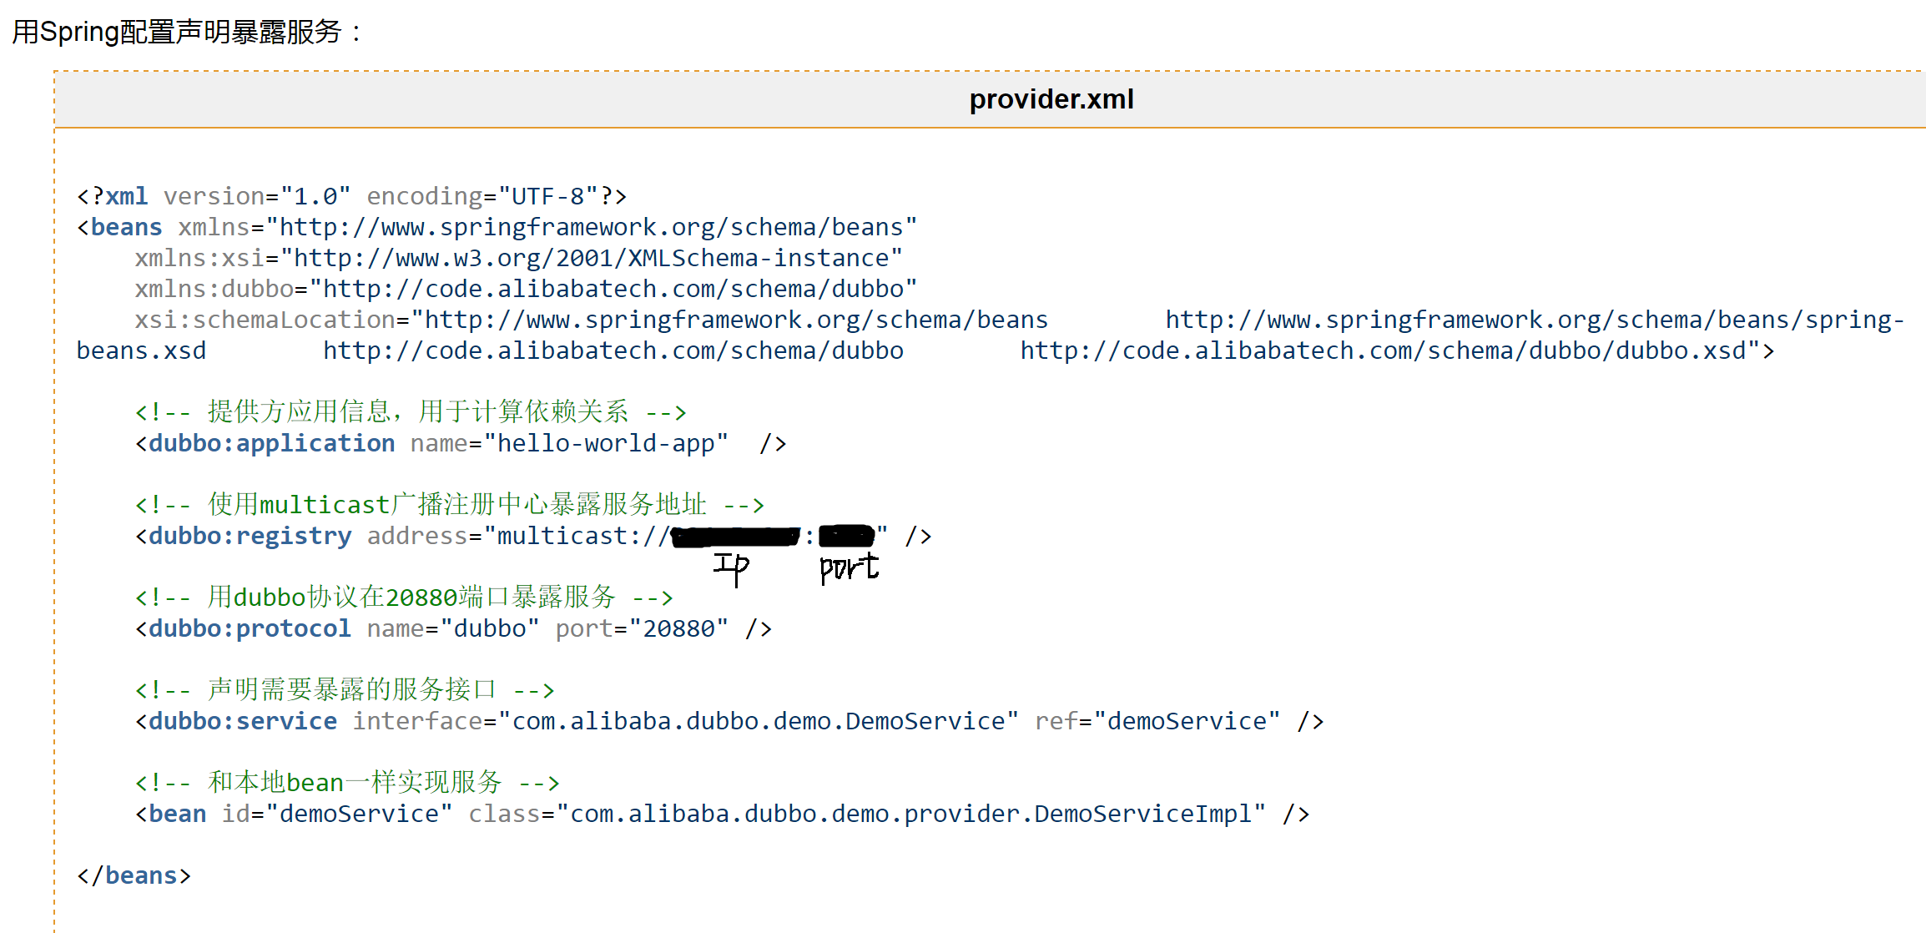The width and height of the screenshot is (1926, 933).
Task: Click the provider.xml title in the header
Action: (x=1051, y=99)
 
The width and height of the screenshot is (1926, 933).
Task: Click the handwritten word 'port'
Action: (x=849, y=567)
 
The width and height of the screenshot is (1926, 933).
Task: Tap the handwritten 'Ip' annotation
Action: (x=731, y=567)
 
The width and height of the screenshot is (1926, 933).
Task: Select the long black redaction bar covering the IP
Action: (x=735, y=537)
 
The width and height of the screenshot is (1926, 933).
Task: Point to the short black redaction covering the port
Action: (x=846, y=536)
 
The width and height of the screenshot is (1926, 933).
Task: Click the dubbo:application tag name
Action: (x=271, y=443)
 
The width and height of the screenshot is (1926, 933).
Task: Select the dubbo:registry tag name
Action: (x=250, y=536)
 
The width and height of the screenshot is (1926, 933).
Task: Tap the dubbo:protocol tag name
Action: (x=250, y=628)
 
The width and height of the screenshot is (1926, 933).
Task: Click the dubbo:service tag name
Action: (x=243, y=721)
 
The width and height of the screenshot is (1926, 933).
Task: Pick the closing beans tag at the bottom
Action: (x=134, y=875)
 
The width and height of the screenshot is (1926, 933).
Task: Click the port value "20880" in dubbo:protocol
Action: (x=678, y=628)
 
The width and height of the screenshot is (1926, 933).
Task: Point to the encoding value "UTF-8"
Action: (x=547, y=196)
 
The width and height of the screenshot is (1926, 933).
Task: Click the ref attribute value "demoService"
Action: (x=1186, y=721)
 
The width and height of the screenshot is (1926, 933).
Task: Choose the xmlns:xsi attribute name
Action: (x=199, y=258)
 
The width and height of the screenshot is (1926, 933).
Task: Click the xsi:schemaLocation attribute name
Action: (x=265, y=320)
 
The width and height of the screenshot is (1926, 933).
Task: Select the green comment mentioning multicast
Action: (x=450, y=504)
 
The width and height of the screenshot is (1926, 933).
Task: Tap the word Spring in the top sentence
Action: (x=79, y=32)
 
